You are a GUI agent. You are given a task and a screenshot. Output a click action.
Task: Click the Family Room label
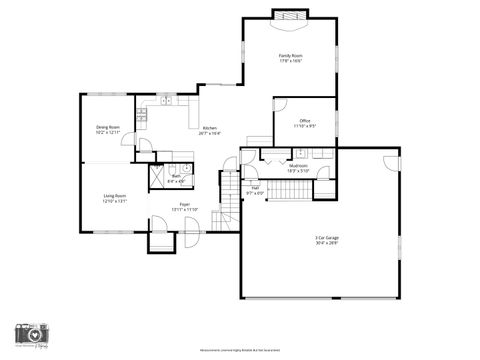[x=290, y=56]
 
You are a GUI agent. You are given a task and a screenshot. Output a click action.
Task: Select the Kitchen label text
[x=209, y=128]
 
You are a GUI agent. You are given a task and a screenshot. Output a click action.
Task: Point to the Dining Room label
[x=108, y=127]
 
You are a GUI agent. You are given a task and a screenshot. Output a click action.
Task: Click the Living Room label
[x=114, y=196]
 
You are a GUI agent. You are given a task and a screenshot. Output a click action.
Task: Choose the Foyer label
[x=185, y=204]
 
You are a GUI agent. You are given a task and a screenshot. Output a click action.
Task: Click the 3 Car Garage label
[x=327, y=236]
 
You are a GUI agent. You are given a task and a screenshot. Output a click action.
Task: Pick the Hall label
[x=255, y=187]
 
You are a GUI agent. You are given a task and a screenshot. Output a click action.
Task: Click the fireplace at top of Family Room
[x=290, y=15]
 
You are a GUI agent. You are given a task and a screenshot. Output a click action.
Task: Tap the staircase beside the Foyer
[x=230, y=201]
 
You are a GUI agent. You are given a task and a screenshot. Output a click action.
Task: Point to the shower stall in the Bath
[x=158, y=177]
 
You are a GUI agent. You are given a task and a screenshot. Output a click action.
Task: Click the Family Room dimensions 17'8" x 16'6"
[x=290, y=62]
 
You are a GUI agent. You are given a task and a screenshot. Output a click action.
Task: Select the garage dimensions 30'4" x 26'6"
[x=327, y=242]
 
